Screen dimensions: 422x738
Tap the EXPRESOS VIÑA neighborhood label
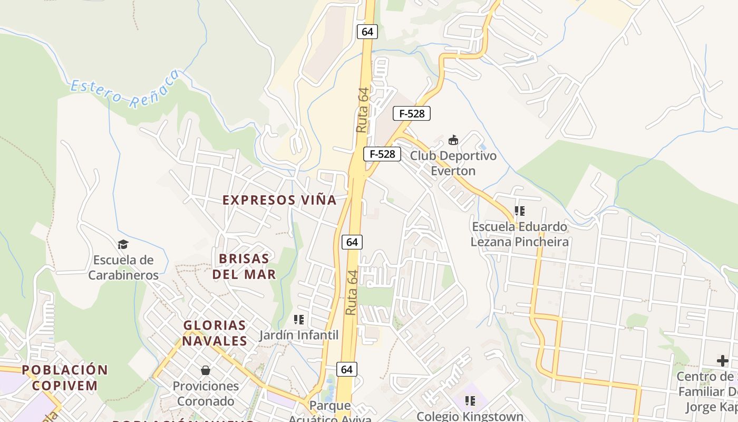(279, 200)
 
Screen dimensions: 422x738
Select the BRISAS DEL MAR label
(244, 266)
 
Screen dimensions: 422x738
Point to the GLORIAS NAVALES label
(215, 333)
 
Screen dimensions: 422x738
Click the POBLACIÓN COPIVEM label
(65, 377)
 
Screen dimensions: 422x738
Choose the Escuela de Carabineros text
(123, 267)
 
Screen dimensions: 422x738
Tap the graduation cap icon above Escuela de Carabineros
(123, 244)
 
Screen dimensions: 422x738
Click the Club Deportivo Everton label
(453, 164)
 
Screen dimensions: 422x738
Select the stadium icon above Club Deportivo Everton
(453, 140)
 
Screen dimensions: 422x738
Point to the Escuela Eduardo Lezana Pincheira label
(520, 234)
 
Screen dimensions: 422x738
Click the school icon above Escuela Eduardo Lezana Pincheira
(520, 211)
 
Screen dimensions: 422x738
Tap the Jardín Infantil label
(299, 335)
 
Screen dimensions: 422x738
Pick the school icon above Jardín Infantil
(299, 319)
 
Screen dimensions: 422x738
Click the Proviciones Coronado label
(206, 393)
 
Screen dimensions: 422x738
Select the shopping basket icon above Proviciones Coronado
(206, 370)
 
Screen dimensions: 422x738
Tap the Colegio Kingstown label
(470, 416)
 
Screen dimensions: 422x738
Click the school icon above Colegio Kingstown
(470, 400)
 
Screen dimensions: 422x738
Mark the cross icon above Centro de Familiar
(722, 361)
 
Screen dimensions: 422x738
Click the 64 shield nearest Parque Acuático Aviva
(346, 369)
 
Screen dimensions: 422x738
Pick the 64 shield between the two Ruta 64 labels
(352, 242)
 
